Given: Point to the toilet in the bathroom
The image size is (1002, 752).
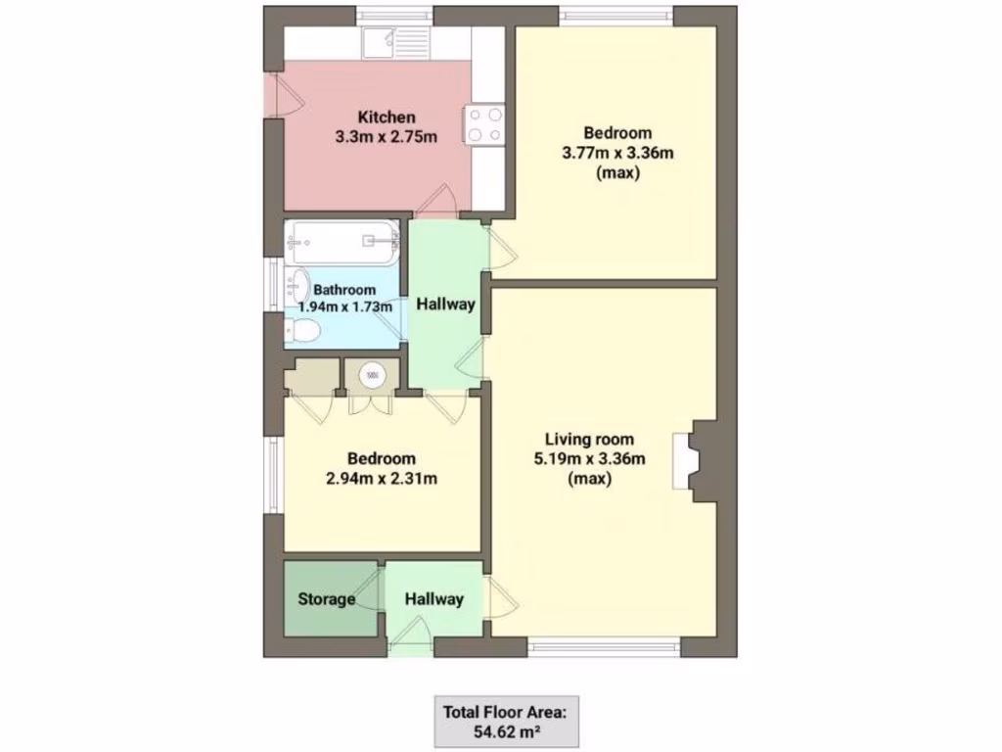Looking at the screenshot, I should [x=301, y=333].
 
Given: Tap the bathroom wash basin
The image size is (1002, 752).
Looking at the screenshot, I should [x=296, y=287].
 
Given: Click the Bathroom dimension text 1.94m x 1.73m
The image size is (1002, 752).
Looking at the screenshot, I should [x=344, y=306].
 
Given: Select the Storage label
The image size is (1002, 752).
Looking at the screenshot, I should [x=326, y=599].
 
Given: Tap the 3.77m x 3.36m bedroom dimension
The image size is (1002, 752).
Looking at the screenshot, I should [x=619, y=153].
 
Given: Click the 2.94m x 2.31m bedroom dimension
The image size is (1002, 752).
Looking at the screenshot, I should [x=382, y=479].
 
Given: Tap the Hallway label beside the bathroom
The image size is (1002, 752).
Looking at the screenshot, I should [x=446, y=305].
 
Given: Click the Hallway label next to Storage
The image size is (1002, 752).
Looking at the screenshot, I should [x=434, y=599].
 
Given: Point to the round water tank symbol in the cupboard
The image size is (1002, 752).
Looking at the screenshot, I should [x=372, y=373].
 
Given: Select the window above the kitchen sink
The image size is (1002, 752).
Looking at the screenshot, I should [x=394, y=14].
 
